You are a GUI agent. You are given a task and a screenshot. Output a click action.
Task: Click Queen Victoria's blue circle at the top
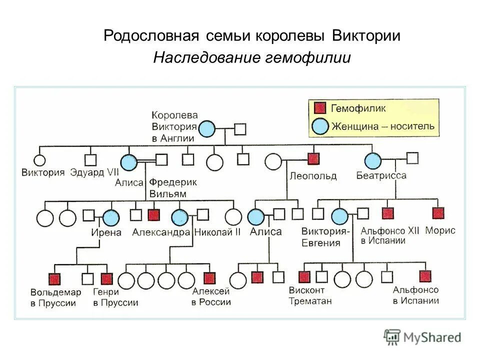tap(206, 129)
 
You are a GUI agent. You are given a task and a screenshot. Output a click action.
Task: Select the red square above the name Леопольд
tap(313, 159)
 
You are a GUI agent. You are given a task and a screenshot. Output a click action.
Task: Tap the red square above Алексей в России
tap(209, 278)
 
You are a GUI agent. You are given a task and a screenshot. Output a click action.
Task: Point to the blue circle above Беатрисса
tap(372, 160)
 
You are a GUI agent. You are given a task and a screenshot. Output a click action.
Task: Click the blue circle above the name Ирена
tap(111, 217)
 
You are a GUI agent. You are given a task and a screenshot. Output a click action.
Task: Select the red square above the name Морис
tap(438, 213)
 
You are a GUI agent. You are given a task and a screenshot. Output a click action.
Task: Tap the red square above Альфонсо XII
tap(388, 213)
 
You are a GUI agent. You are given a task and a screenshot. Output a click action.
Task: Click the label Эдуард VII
tap(94, 173)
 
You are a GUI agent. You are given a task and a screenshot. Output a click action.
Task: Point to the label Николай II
tap(217, 232)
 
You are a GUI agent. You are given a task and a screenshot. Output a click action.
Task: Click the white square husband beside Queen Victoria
tap(240, 129)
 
